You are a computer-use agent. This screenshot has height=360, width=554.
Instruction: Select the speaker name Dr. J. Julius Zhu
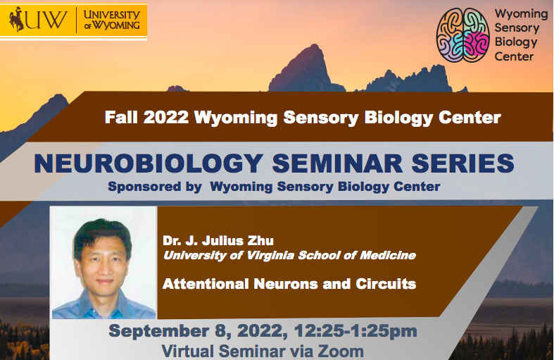pyautogui.click(x=218, y=240)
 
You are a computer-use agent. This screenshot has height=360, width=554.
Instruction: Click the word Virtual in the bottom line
pyautogui.click(x=185, y=350)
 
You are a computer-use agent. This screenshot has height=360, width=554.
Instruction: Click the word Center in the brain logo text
pyautogui.click(x=514, y=56)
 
